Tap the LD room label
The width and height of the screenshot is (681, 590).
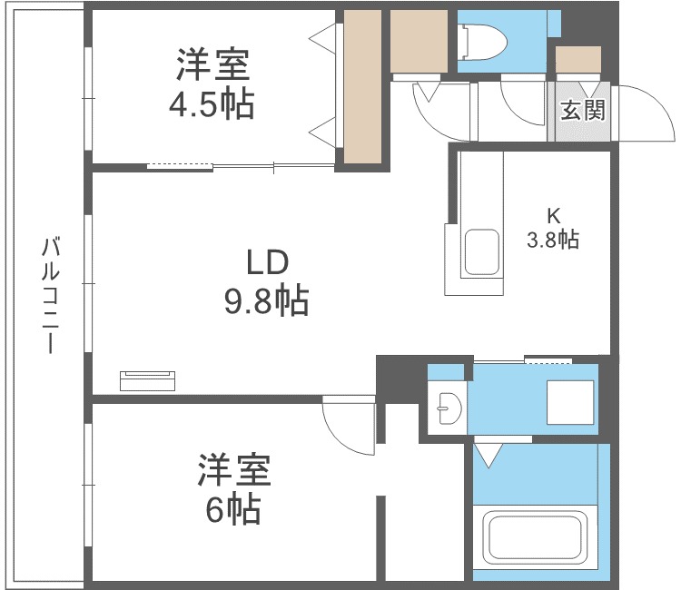(x=267, y=262)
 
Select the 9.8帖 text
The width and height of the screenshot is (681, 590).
(x=267, y=300)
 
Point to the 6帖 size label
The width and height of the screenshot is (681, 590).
(x=233, y=510)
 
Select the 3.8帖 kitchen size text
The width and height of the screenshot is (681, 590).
(x=553, y=240)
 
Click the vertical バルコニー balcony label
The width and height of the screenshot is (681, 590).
(x=51, y=295)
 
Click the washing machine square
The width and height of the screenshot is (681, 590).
(x=570, y=400)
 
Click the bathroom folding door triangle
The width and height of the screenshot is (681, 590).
(x=490, y=454)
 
